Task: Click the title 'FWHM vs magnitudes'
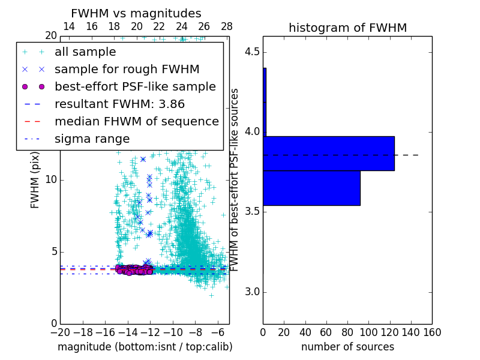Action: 136,14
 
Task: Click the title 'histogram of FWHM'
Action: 347,28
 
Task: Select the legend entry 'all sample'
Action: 85,52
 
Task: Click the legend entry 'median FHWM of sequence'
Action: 136,121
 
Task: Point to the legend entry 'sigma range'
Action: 92,139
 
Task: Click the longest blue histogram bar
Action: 329,154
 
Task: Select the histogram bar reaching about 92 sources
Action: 311,188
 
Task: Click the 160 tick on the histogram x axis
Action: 432,332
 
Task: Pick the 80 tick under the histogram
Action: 347,332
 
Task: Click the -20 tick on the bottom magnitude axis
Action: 60,332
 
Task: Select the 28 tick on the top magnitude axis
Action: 227,26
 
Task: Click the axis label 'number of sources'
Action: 347,347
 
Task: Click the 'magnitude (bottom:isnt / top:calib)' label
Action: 145,347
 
